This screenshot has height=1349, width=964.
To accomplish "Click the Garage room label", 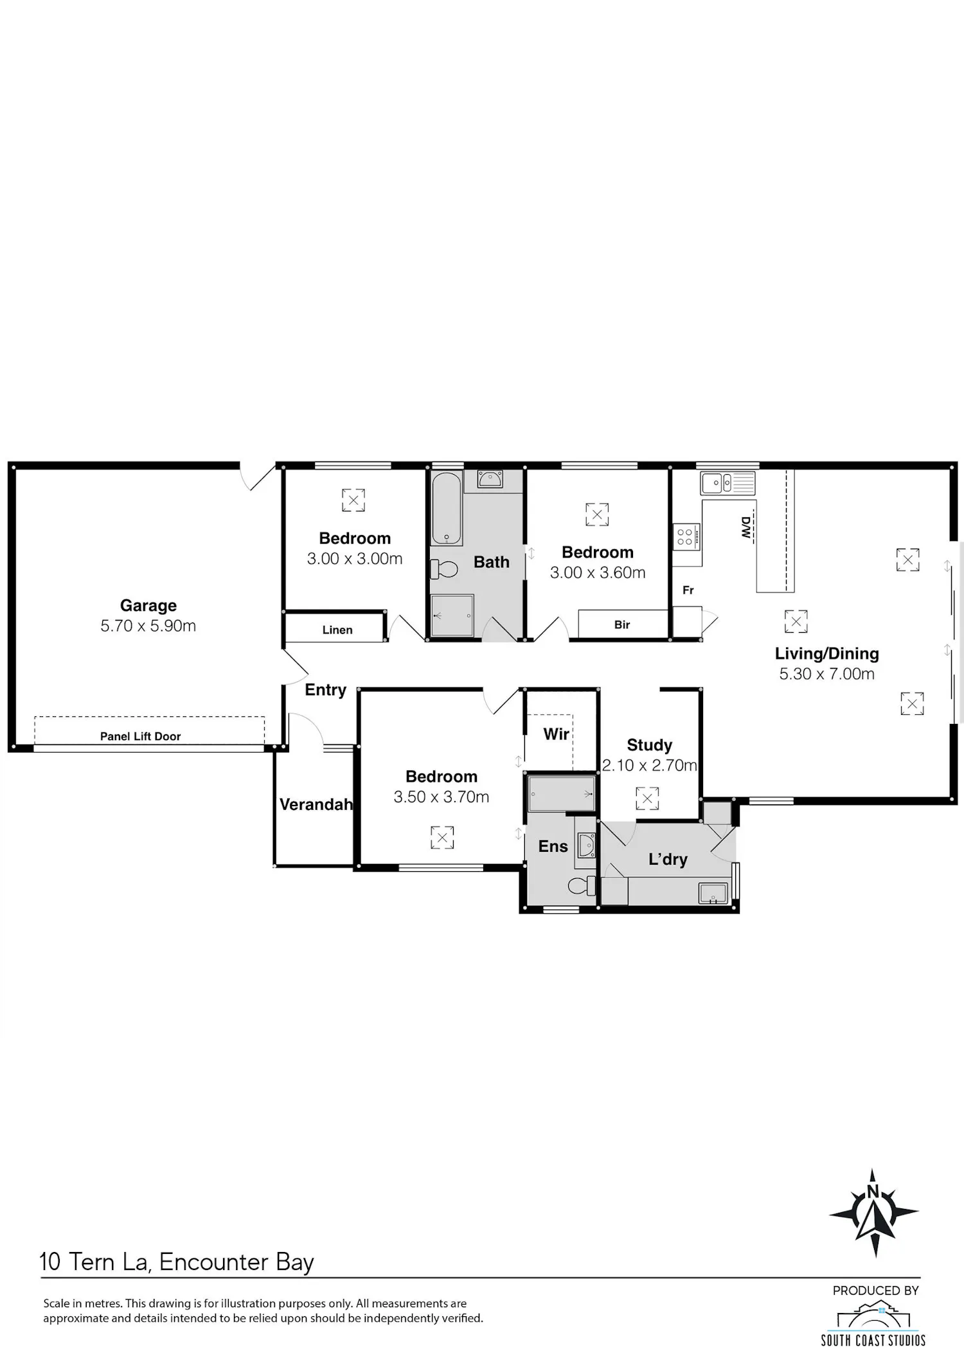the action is pyautogui.click(x=148, y=606).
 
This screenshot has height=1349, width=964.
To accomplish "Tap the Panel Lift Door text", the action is pyautogui.click(x=140, y=736).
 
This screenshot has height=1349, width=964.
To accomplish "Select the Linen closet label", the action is pyautogui.click(x=337, y=630).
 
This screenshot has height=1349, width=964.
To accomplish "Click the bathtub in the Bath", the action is pyautogui.click(x=447, y=509).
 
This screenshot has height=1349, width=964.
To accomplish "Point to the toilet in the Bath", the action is pyautogui.click(x=444, y=569).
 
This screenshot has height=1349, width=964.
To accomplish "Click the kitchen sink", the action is pyautogui.click(x=728, y=483).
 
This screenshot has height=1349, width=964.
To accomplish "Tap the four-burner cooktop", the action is pyautogui.click(x=685, y=536).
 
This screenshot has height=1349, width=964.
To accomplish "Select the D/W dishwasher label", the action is pyautogui.click(x=745, y=527).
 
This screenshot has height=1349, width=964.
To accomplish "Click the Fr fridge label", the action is pyautogui.click(x=688, y=590).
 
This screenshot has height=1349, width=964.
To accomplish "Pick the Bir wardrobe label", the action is pyautogui.click(x=622, y=624).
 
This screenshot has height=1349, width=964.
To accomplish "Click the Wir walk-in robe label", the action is pyautogui.click(x=557, y=734).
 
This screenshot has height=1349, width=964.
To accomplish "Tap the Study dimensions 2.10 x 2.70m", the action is pyautogui.click(x=649, y=765).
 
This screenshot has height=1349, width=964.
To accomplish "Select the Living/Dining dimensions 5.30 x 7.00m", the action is pyautogui.click(x=827, y=674).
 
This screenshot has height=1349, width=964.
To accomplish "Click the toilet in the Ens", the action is pyautogui.click(x=582, y=886).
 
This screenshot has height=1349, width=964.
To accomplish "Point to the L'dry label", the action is pyautogui.click(x=668, y=860).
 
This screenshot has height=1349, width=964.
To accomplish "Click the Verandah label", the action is pyautogui.click(x=316, y=804).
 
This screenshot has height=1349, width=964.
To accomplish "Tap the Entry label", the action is pyautogui.click(x=326, y=690).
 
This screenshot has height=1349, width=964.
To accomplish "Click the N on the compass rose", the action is pyautogui.click(x=873, y=1192).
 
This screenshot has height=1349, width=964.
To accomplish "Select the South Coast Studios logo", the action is pyautogui.click(x=873, y=1323).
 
